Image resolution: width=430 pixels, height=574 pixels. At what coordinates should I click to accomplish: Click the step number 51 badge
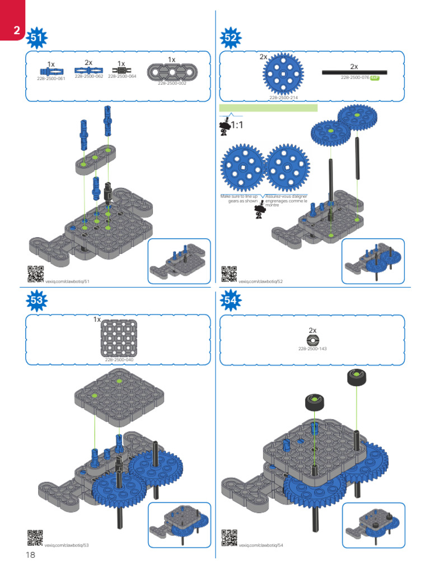pos(38,38)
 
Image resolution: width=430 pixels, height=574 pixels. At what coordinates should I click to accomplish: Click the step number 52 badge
pos(231,38)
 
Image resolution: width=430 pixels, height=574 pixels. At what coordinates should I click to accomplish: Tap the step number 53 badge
pos(37,300)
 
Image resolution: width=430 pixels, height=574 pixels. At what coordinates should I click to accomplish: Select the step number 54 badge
pos(231,300)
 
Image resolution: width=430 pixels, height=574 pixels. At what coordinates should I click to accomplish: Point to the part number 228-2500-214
pos(283,98)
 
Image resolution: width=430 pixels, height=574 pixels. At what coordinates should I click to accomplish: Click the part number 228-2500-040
pos(119,359)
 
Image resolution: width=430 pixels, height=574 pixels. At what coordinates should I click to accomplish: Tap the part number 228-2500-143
pos(312,349)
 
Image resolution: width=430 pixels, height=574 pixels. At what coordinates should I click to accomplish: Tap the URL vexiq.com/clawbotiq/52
pos(261,281)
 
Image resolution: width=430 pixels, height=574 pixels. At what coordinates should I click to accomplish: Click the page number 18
pos(30,555)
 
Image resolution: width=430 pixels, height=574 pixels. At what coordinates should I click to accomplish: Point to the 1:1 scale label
pos(237,124)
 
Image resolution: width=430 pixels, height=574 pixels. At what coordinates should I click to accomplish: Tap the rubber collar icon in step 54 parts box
pos(312,340)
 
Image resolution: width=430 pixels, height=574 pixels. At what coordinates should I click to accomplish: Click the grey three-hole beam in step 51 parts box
pos(172,72)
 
